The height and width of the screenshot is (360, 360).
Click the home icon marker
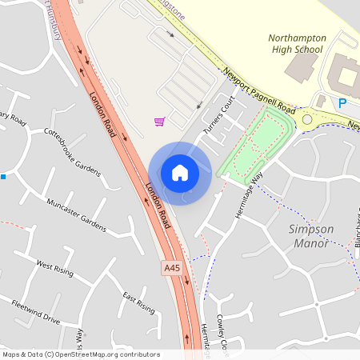[x=180, y=173]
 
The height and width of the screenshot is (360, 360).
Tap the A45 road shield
[x=170, y=266]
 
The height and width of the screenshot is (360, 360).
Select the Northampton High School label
[x=296, y=43]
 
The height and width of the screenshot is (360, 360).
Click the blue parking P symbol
[x=342, y=102]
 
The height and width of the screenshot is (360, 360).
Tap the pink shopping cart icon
[x=160, y=122]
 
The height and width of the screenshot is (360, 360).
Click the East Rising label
[x=138, y=303]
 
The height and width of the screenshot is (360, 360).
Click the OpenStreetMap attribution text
[x=80, y=354]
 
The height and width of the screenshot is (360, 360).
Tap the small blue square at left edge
[x=4, y=176]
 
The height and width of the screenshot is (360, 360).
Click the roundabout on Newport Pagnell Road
[x=306, y=120]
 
